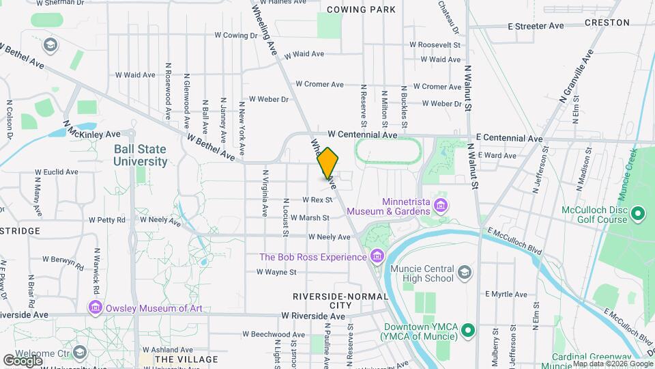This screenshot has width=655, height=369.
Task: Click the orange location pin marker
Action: pyautogui.click(x=328, y=163)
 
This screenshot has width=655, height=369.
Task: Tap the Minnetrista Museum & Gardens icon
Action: pyautogui.click(x=441, y=206)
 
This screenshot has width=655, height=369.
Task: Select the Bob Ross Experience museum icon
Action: pyautogui.click(x=376, y=257)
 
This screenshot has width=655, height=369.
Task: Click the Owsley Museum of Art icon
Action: pyautogui.click(x=95, y=308)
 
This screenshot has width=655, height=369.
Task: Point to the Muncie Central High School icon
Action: pyautogui.click(x=465, y=273)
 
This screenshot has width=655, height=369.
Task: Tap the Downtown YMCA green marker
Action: pyautogui.click(x=467, y=332)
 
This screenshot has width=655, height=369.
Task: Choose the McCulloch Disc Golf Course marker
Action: pyautogui.click(x=638, y=215)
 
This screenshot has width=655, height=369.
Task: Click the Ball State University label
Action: pyautogui.click(x=141, y=155)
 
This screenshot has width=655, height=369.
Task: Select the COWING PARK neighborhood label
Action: pyautogui.click(x=361, y=10)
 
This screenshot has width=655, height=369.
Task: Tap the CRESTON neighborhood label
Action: pyautogui.click(x=607, y=23)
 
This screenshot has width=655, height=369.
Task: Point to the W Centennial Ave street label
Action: pyautogui.click(x=362, y=135)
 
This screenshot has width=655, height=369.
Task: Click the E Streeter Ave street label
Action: pyautogui.click(x=536, y=26)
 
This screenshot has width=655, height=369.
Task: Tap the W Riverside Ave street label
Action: pyautogui.click(x=313, y=317)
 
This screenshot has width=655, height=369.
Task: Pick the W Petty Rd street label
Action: pyautogui.click(x=107, y=220)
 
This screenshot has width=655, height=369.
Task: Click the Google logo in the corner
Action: pyautogui.click(x=23, y=360)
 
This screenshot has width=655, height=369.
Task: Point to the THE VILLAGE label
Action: pyautogui.click(x=186, y=359)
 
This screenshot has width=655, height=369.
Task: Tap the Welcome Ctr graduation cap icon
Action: pyautogui.click(x=80, y=352)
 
